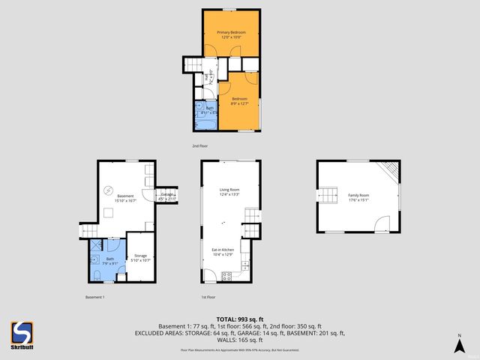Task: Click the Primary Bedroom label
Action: [x=231, y=33]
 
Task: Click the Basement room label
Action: [x=125, y=196]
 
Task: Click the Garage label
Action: [x=167, y=196]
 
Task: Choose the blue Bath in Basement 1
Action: [x=109, y=261]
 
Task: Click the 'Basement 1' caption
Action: [x=94, y=297]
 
